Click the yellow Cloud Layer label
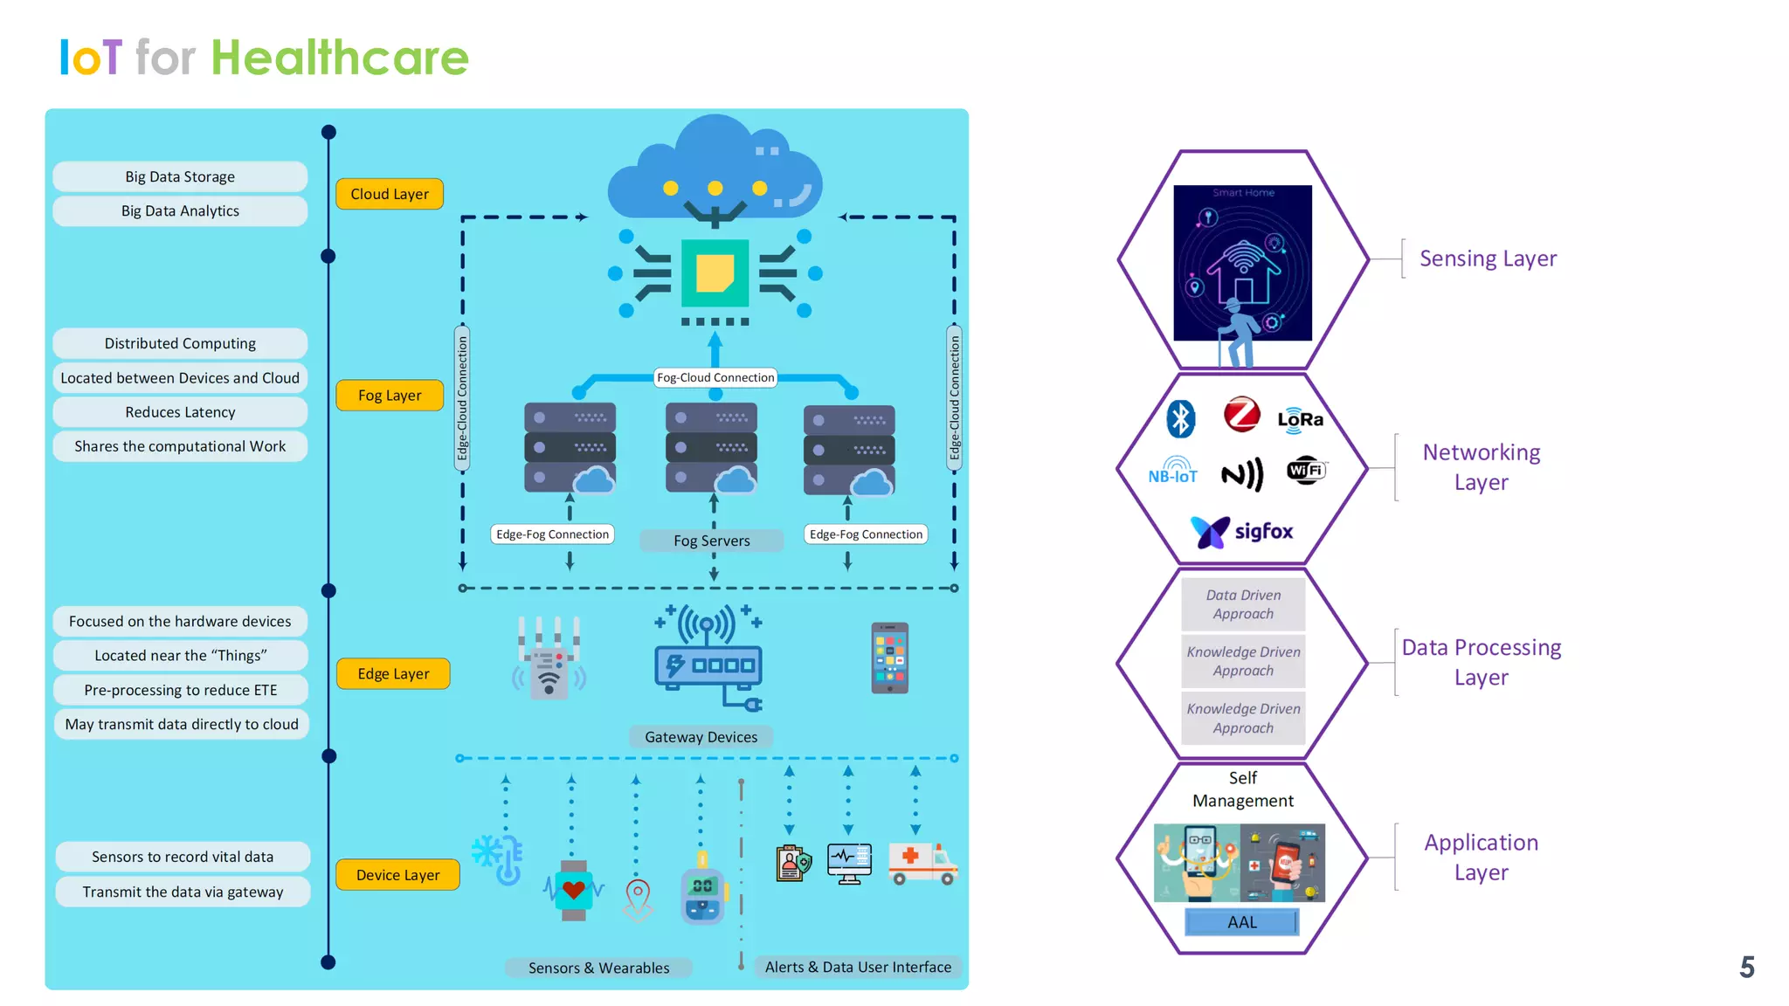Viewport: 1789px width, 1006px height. (x=390, y=194)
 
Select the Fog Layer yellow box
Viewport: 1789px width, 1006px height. (x=390, y=396)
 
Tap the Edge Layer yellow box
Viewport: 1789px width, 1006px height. (x=393, y=674)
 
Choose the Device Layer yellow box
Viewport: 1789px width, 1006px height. (x=397, y=875)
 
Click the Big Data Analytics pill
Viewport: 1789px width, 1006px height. (x=180, y=211)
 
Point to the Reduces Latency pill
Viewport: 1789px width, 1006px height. (x=180, y=412)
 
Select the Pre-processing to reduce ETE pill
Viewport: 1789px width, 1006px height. (x=180, y=690)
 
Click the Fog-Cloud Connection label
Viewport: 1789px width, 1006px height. (x=715, y=377)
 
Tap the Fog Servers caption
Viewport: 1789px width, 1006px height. (x=711, y=541)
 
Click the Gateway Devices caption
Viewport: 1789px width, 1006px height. (x=701, y=737)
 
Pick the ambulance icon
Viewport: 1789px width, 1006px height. (x=922, y=863)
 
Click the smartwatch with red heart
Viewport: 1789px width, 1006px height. (x=574, y=890)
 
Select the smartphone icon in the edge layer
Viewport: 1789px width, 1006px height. (x=889, y=658)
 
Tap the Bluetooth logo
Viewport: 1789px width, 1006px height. (x=1181, y=418)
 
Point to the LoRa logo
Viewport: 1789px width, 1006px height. (x=1300, y=419)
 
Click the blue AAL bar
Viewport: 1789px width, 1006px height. (x=1241, y=922)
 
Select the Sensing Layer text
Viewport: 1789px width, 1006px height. (x=1488, y=258)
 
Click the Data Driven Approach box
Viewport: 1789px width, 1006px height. (x=1243, y=604)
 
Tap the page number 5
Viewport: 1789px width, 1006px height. (x=1746, y=967)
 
